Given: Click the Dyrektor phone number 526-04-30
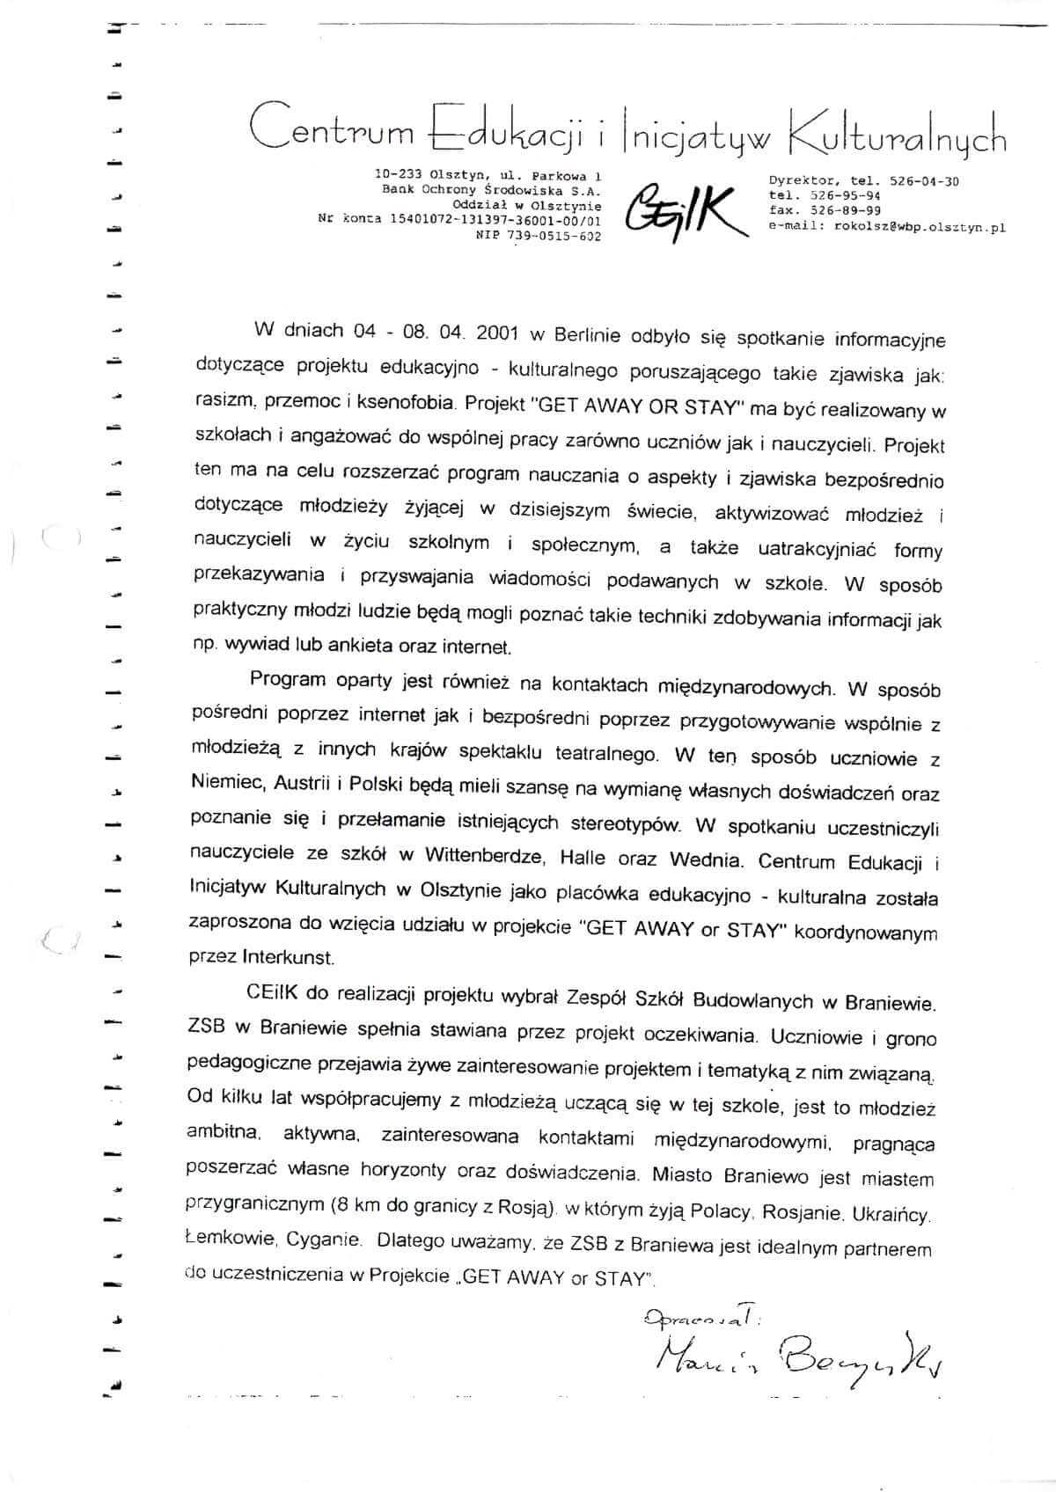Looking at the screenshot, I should click(924, 180).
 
